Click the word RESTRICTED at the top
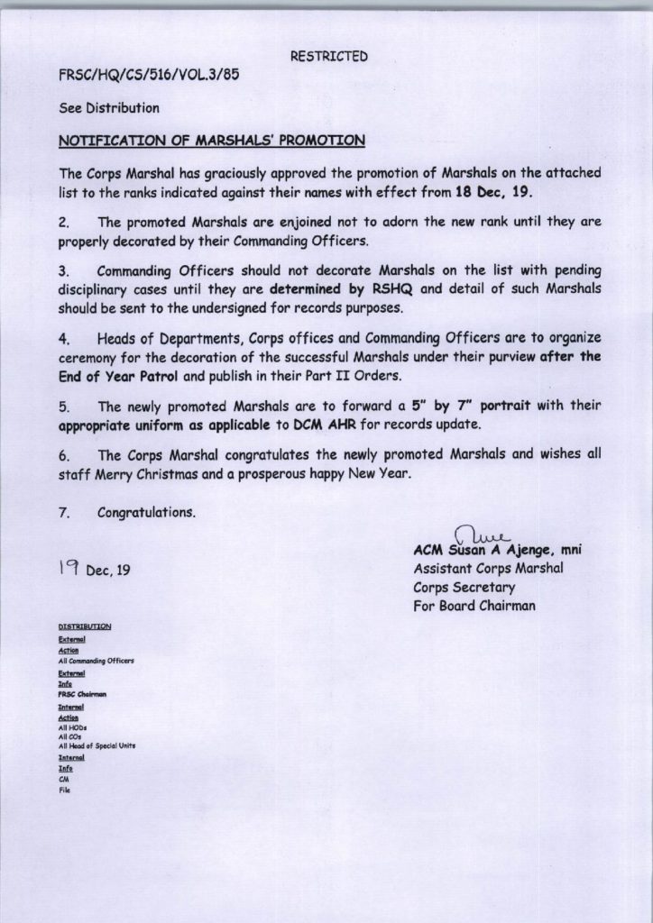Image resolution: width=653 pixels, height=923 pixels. coord(329,57)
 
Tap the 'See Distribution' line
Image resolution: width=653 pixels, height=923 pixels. coord(108,108)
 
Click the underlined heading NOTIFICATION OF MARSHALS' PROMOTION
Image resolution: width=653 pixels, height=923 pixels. coord(211,141)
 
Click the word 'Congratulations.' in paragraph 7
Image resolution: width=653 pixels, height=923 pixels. coord(146,513)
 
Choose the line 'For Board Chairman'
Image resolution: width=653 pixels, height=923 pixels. coord(474,606)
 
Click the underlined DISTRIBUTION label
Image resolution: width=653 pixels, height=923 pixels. coord(85,625)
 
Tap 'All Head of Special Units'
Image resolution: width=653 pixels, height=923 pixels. coord(97,746)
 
